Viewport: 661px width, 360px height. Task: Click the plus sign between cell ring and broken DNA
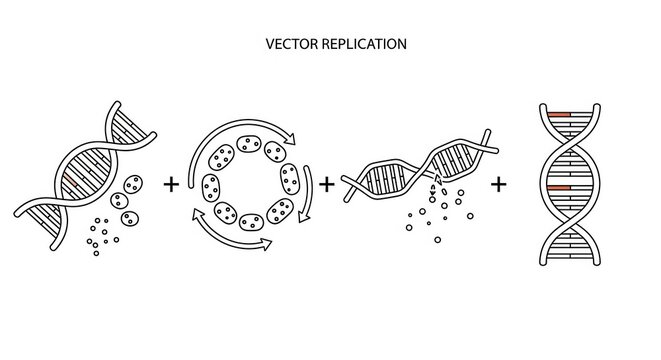(327, 183)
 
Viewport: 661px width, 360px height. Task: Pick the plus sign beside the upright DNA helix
(498, 183)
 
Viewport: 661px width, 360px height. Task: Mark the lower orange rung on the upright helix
(558, 187)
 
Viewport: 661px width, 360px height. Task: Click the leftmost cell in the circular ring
(211, 186)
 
